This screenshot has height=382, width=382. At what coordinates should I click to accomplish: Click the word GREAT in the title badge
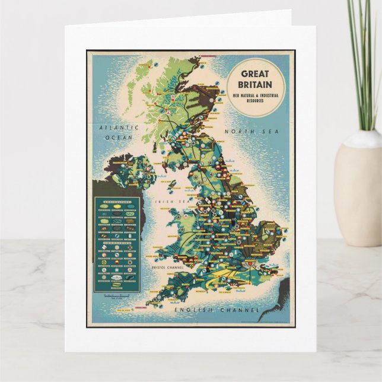click(x=256, y=74)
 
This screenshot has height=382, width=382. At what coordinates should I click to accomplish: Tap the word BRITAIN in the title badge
click(x=256, y=85)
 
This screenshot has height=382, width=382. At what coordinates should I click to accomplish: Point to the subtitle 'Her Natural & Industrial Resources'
click(x=256, y=97)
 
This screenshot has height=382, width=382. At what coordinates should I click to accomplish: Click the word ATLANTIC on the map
click(x=119, y=128)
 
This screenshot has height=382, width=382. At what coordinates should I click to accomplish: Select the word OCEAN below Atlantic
click(x=119, y=137)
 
